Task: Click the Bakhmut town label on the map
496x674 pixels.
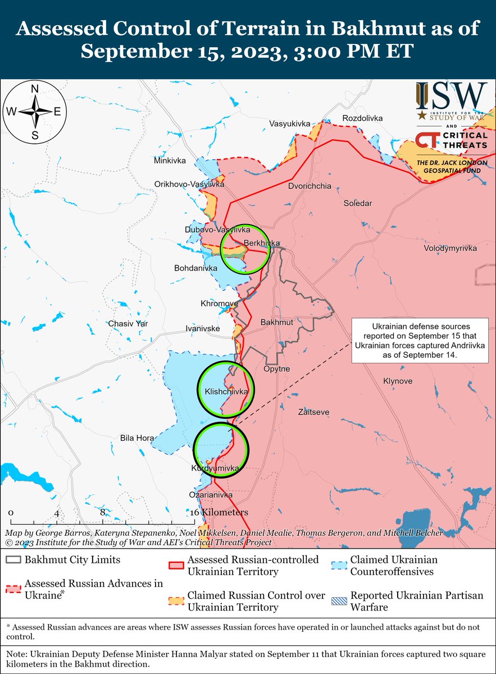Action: click(x=277, y=322)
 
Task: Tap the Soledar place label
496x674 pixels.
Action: click(x=357, y=203)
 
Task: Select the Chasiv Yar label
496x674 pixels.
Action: click(x=127, y=324)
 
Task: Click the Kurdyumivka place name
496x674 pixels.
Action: click(x=216, y=468)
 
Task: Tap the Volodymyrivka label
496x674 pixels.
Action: click(x=451, y=248)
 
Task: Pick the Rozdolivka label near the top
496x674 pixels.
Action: click(x=362, y=119)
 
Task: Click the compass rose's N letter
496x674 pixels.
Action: click(x=35, y=89)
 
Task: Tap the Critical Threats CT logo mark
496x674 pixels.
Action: click(x=426, y=140)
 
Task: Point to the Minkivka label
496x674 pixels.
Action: click(x=170, y=161)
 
